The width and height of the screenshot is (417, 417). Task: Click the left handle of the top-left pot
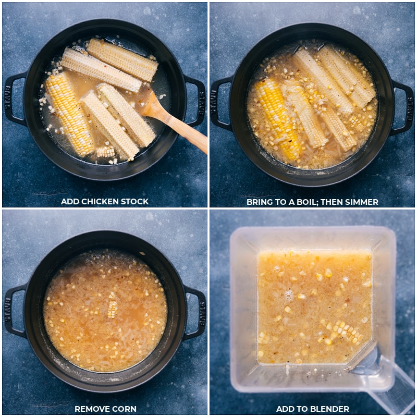tap(14, 99)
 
